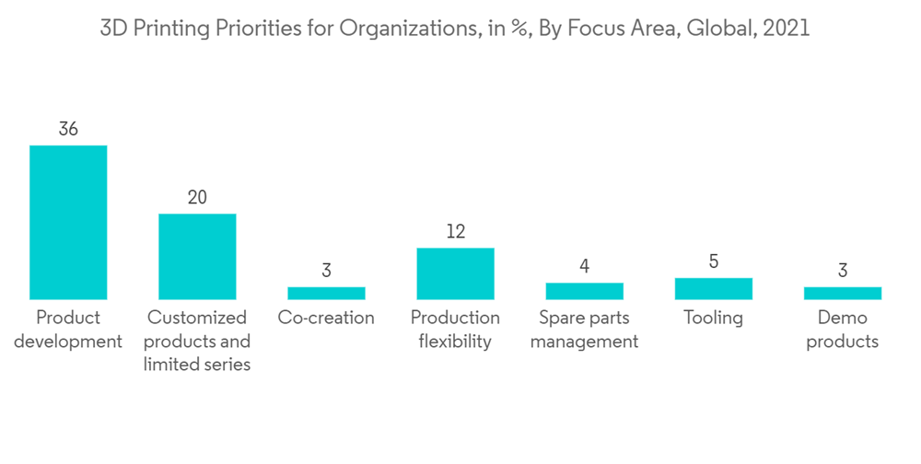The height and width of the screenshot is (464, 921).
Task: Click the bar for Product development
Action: tap(68, 222)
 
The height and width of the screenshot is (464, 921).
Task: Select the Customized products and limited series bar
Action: tap(197, 256)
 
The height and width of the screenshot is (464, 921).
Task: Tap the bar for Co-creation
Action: tap(326, 293)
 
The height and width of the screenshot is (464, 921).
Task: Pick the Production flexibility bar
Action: tap(455, 273)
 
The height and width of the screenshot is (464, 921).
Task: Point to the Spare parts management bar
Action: tap(584, 291)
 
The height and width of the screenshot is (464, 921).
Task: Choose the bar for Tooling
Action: tap(713, 288)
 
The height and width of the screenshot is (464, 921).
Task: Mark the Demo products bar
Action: tap(842, 293)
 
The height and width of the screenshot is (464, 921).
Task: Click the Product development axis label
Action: tap(68, 330)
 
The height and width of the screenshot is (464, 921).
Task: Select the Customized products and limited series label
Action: tap(197, 341)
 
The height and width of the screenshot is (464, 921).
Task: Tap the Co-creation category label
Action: tap(326, 318)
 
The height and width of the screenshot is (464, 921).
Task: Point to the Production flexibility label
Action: tap(455, 330)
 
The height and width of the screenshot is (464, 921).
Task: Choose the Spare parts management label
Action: tap(584, 330)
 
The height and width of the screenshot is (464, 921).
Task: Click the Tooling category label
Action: tap(713, 318)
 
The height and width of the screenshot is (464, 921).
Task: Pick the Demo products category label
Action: tap(842, 330)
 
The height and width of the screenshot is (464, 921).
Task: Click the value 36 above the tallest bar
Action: tap(68, 129)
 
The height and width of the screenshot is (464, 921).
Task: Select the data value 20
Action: tap(197, 197)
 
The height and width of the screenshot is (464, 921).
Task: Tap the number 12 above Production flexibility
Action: tap(455, 231)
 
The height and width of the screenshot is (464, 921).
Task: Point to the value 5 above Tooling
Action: tap(713, 261)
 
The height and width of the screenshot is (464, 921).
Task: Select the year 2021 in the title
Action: tap(787, 28)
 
